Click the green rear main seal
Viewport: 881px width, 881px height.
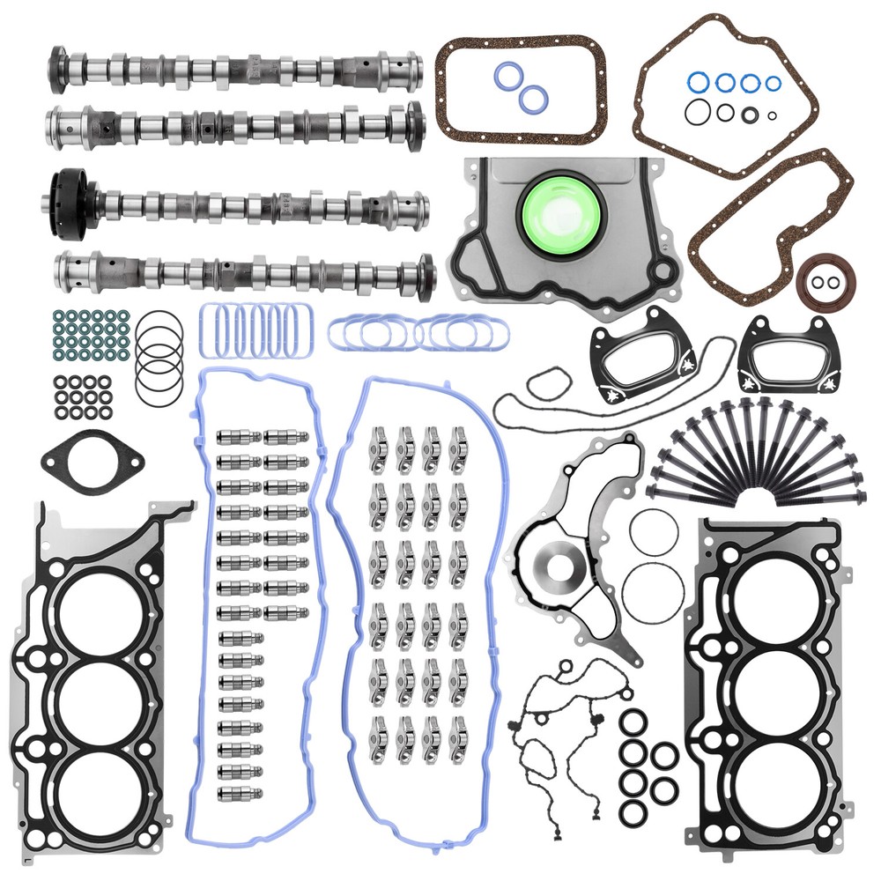tap(558, 213)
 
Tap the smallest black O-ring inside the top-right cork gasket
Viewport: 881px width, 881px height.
tap(772, 115)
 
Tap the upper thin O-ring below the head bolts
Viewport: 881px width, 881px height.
tap(654, 532)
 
